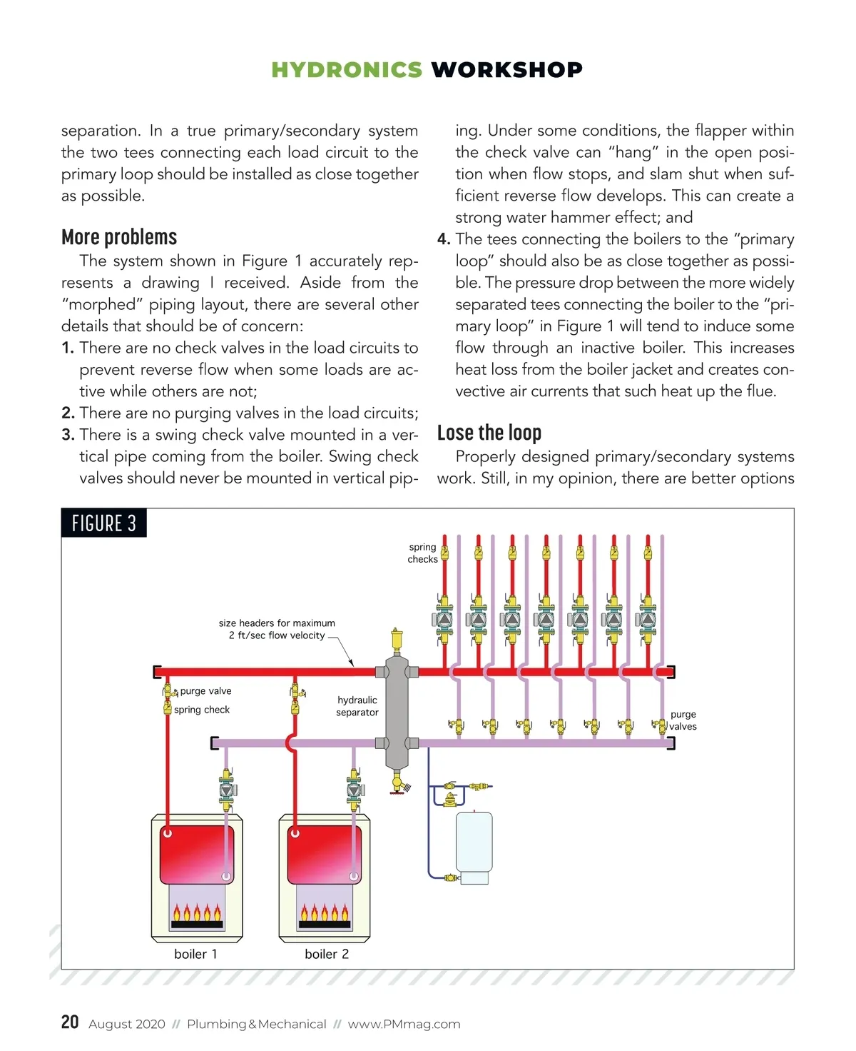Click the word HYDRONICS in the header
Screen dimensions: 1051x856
tap(347, 70)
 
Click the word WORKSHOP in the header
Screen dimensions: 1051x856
tap(506, 70)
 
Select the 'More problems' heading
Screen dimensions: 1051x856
tap(119, 237)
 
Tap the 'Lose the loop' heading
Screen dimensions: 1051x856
tap(489, 433)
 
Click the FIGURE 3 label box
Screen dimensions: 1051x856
tap(104, 523)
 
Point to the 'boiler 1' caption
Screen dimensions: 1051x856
tap(195, 954)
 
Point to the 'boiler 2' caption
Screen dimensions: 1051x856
tap(327, 954)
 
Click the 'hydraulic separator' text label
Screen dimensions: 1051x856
tap(357, 706)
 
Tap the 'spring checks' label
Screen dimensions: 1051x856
tap(422, 553)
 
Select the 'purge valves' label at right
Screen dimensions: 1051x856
tap(683, 720)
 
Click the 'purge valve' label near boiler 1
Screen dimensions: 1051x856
tap(205, 691)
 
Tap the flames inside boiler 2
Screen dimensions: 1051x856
tap(325, 913)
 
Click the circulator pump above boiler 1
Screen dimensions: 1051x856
tap(227, 790)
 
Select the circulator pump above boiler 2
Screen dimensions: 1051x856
tap(354, 790)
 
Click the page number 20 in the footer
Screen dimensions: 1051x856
tap(70, 1022)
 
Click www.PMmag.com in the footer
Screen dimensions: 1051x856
tap(404, 1025)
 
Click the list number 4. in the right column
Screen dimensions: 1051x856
tap(444, 239)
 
